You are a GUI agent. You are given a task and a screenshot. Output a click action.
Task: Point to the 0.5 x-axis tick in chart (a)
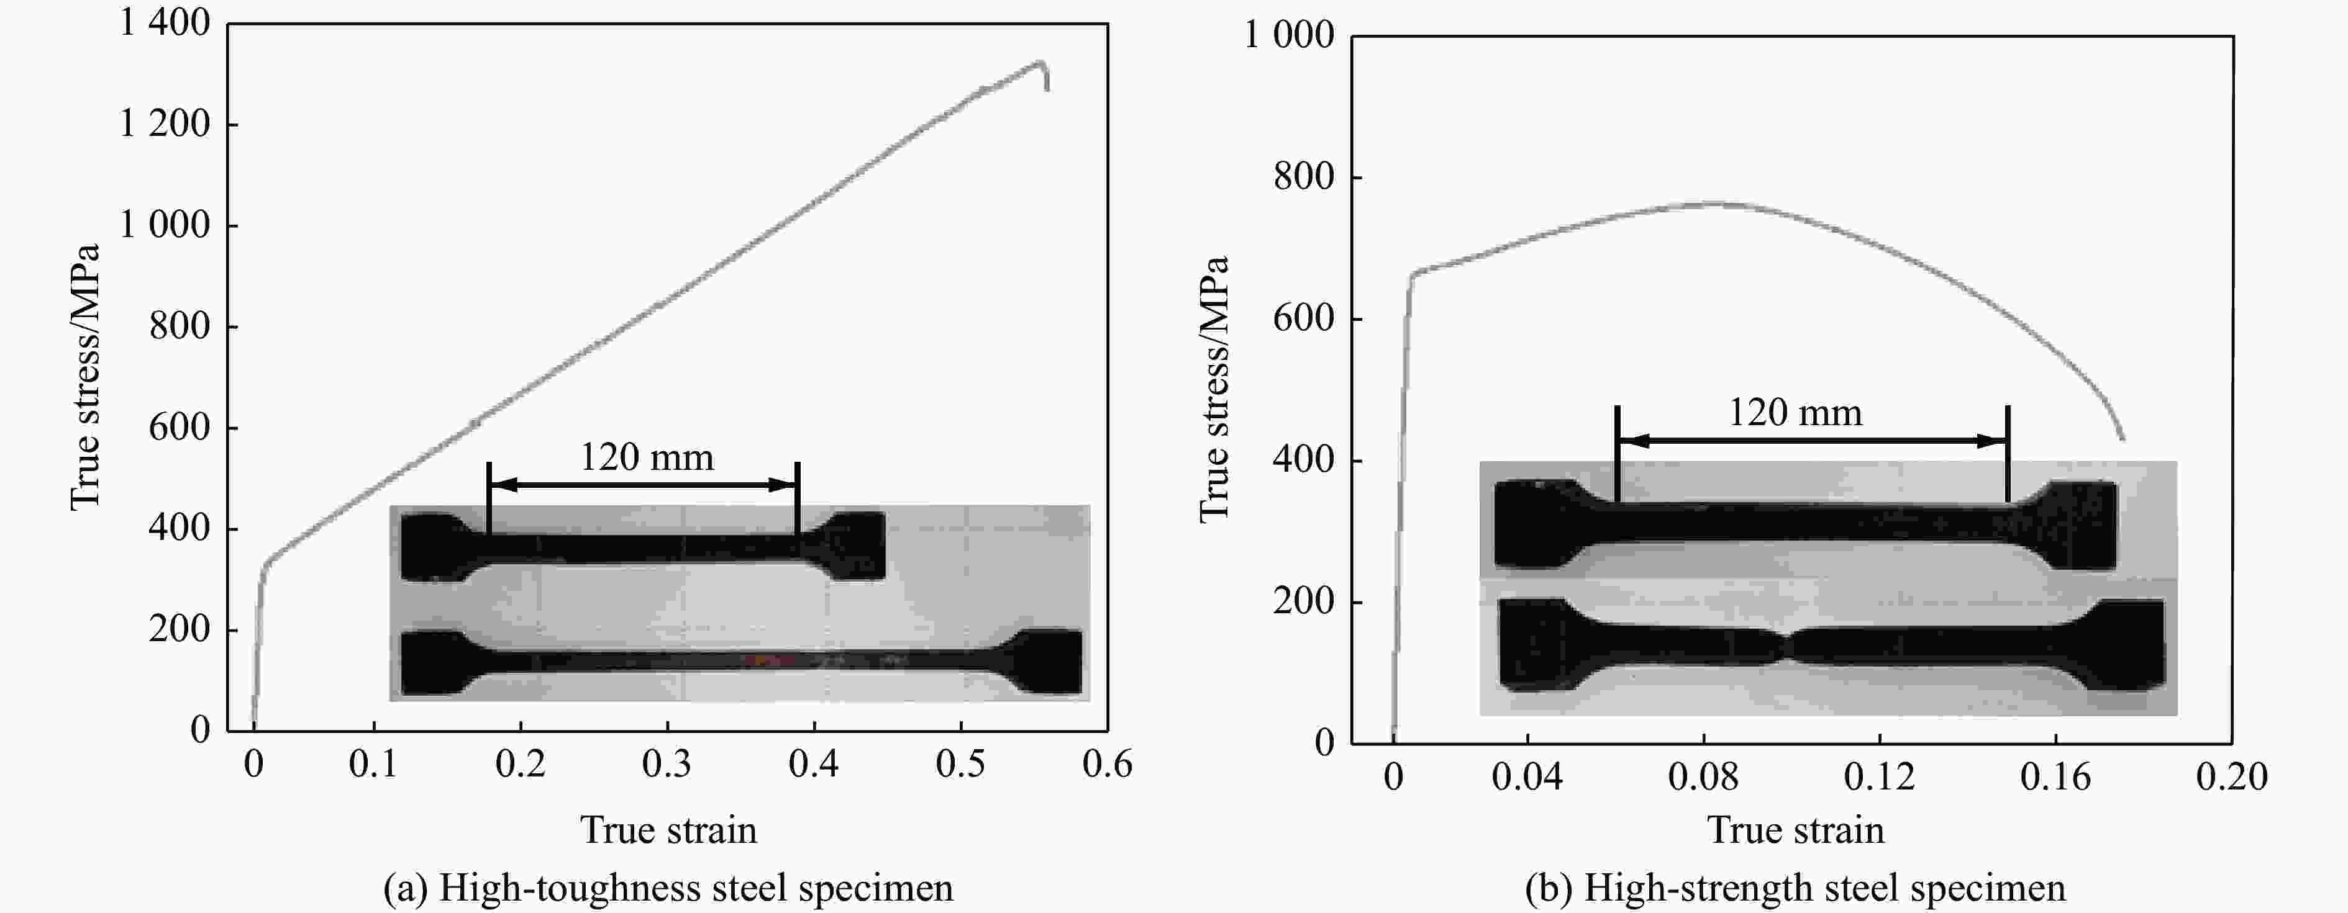coord(961,763)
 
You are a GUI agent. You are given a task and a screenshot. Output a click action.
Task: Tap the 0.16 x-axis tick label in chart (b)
coord(2055,776)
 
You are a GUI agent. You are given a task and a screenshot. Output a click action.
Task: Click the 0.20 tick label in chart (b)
coord(2231,776)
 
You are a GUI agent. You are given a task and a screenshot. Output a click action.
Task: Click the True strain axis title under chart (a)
coord(668,830)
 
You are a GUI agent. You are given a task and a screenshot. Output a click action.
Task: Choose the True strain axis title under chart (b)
coord(1796,830)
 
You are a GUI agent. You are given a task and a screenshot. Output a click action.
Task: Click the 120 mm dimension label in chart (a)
coord(647,457)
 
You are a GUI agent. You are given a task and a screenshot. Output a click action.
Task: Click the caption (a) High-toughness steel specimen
coord(668,888)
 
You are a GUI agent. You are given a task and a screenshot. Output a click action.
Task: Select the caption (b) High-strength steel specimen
coord(1796,888)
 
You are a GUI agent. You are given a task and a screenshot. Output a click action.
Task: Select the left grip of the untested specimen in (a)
coord(433,547)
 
